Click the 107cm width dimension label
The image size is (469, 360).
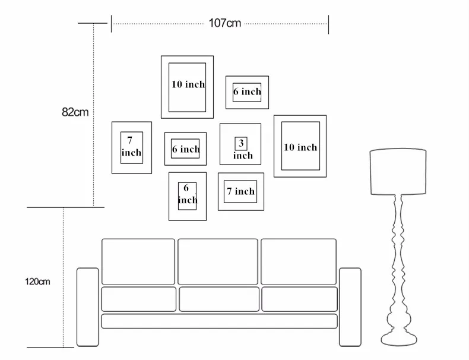point(224,23)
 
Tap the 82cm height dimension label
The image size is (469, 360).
point(75,112)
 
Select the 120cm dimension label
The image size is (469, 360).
point(37,282)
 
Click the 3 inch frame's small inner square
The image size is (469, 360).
point(241,144)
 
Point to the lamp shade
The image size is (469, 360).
point(398,172)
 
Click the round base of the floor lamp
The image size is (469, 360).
point(399,339)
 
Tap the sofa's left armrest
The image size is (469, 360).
point(88,307)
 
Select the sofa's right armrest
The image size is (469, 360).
point(350,307)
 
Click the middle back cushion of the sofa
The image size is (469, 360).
point(218,261)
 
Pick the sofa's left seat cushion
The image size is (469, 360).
point(139,299)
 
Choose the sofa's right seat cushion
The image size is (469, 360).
point(299,299)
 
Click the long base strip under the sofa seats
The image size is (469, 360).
point(219,321)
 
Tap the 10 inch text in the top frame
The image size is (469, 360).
point(188,84)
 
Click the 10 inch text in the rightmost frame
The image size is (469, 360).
point(300,147)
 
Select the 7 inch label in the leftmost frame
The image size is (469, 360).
point(131,146)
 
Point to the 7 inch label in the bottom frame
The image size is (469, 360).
point(241,191)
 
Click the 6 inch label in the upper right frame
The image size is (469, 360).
point(247,91)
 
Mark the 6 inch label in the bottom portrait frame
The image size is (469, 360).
point(188,194)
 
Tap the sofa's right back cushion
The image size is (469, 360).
point(299,261)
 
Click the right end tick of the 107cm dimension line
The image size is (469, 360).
point(328,24)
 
